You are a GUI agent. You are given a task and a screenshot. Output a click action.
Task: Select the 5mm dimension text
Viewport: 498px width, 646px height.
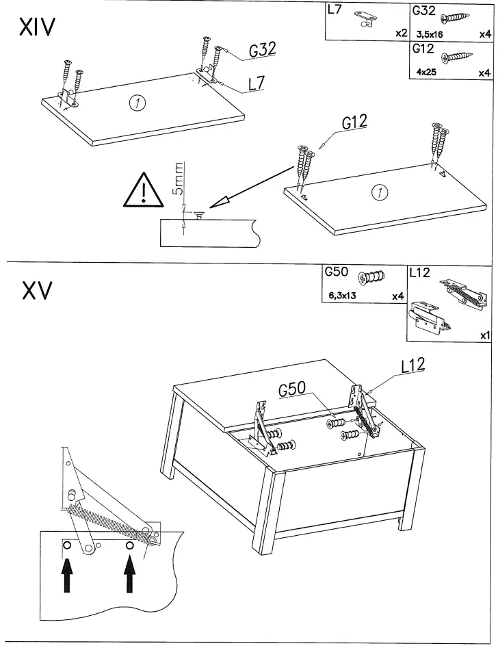tap(179, 179)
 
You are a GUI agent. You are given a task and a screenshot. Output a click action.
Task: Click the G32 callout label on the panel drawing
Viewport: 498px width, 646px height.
tap(262, 49)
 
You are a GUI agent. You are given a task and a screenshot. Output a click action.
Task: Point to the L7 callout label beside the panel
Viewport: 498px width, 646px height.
tap(256, 83)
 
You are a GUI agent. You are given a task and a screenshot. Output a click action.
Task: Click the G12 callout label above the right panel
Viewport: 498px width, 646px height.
tap(354, 122)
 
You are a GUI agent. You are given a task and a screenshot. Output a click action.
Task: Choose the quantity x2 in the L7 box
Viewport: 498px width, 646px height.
tap(402, 33)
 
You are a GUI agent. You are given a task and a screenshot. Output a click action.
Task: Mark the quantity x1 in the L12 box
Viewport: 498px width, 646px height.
tap(486, 335)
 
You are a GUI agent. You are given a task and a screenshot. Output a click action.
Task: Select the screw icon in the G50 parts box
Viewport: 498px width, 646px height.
tap(372, 278)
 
